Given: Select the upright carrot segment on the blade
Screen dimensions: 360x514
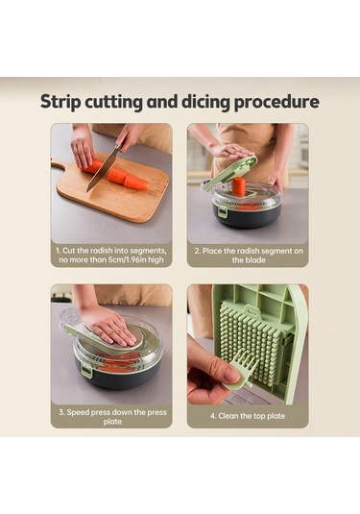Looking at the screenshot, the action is [239, 185].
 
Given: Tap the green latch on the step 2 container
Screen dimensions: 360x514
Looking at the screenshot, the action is [223, 211].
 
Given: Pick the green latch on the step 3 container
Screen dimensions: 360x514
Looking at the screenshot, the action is [86, 370].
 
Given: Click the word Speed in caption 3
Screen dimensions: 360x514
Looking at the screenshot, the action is [78, 412].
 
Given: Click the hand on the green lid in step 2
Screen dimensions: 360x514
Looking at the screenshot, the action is [232, 150].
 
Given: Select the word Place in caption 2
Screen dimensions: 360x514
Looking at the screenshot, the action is [212, 251].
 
